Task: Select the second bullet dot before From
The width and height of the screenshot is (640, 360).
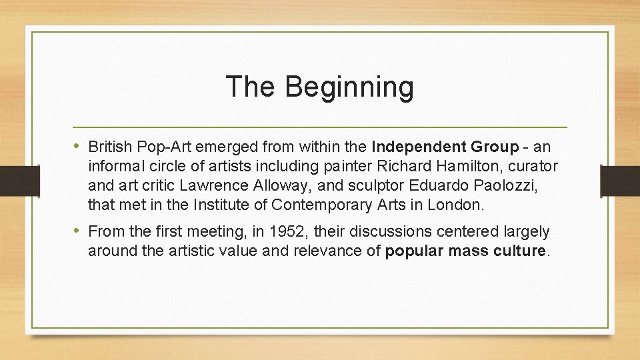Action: pos(79,231)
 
